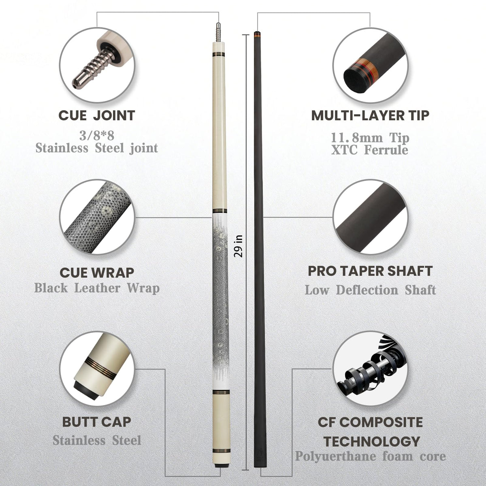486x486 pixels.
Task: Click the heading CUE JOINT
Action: [97, 115]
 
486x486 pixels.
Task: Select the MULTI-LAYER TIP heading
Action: [370, 115]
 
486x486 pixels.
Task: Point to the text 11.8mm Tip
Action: [370, 138]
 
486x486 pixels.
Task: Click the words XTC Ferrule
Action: [370, 150]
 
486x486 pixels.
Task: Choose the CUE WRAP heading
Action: [97, 273]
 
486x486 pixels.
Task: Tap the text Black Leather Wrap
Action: [97, 288]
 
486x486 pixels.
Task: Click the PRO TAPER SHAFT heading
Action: [370, 271]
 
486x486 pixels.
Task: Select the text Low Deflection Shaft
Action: [370, 290]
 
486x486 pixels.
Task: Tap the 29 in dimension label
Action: [238, 246]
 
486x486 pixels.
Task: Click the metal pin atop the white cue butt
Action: [218, 32]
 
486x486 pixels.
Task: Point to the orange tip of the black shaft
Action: [257, 34]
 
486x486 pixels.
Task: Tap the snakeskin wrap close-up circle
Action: [97, 217]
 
